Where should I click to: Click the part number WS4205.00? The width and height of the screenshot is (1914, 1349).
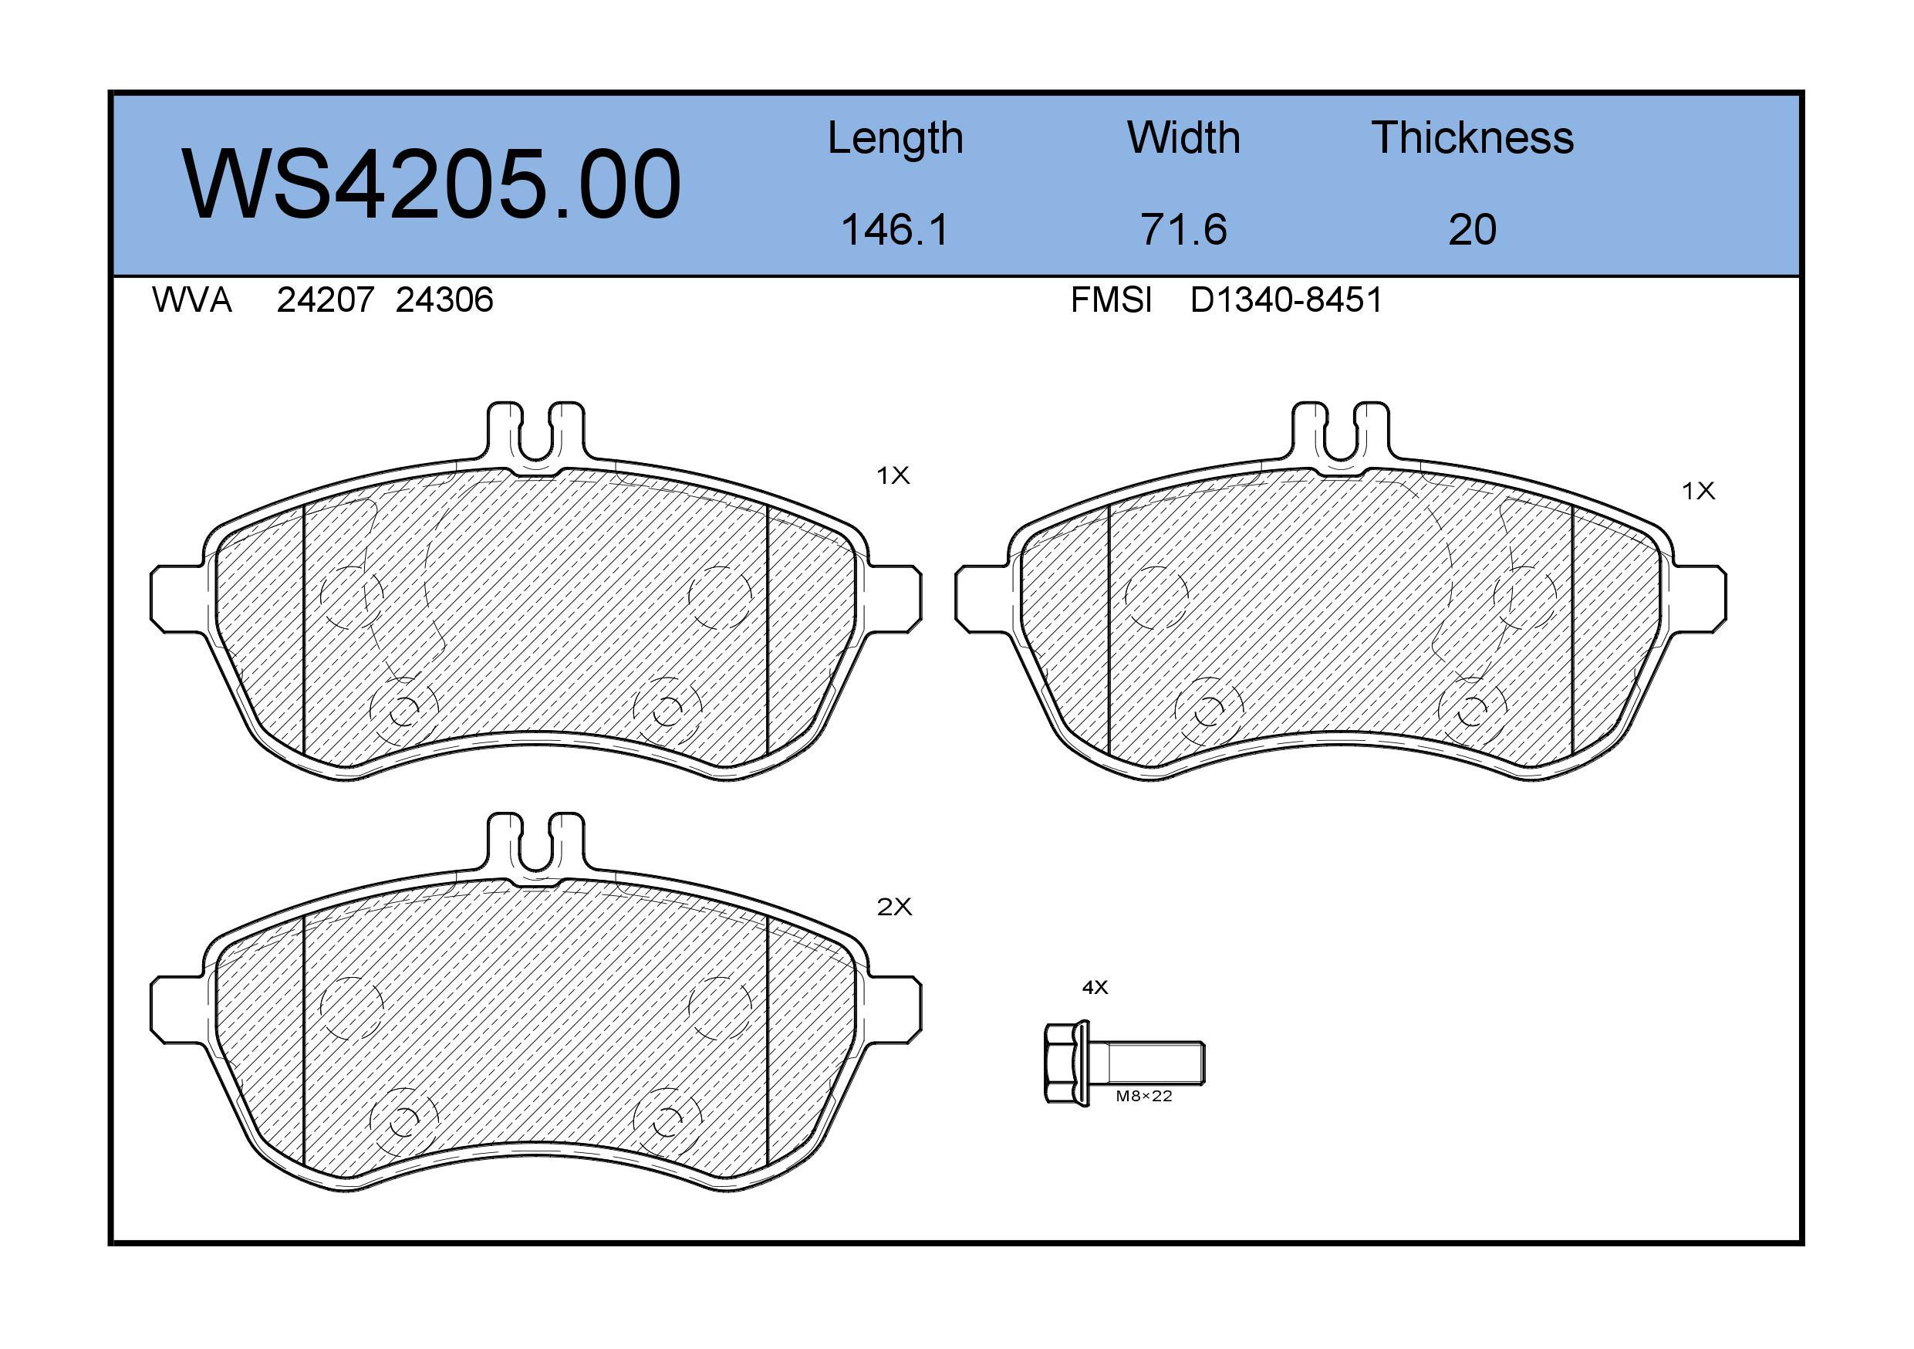431,184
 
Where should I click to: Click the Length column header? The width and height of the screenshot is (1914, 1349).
896,138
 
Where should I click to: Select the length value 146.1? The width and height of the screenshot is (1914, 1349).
896,229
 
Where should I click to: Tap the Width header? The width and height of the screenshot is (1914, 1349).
1183,137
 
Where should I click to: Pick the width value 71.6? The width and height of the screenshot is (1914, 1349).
1183,229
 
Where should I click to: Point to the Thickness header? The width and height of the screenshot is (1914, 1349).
1472,137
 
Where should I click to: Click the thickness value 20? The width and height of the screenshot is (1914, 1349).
1472,229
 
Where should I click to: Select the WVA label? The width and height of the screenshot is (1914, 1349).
192,299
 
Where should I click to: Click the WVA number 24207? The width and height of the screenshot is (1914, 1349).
325,299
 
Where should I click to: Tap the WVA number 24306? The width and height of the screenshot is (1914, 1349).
444,299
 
